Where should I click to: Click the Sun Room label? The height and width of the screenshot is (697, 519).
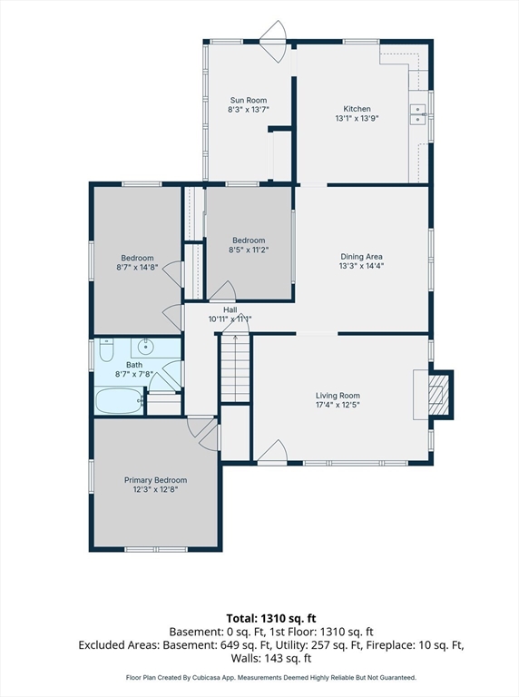coord(249,100)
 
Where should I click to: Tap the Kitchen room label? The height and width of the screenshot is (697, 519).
coord(357,109)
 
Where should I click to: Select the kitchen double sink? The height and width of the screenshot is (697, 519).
coord(417,114)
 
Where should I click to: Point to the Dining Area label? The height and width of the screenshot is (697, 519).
coord(361,257)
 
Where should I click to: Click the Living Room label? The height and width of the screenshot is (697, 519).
coord(338,395)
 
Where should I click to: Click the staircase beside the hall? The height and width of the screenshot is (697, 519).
coord(236,368)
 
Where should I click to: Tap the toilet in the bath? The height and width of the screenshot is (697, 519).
coord(107,349)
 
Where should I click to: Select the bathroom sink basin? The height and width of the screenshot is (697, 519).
coord(145,345)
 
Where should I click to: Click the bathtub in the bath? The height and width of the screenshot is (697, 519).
coord(118,400)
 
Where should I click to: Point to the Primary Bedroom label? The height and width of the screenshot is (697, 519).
coord(155,480)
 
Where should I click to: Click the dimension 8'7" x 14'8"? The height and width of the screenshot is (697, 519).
coord(137,268)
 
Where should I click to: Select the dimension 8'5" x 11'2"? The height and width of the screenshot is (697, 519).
coord(249,250)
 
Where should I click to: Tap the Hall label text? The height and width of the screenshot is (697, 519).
coord(230,309)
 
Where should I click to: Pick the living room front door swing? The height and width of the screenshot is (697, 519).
coord(272,451)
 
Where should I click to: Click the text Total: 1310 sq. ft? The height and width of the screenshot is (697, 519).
coord(271,618)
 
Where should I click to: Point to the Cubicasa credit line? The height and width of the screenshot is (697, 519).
coord(271,678)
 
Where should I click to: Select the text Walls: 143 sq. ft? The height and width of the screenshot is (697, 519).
coord(271,658)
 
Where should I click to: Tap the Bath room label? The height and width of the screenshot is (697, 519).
coord(134,365)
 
